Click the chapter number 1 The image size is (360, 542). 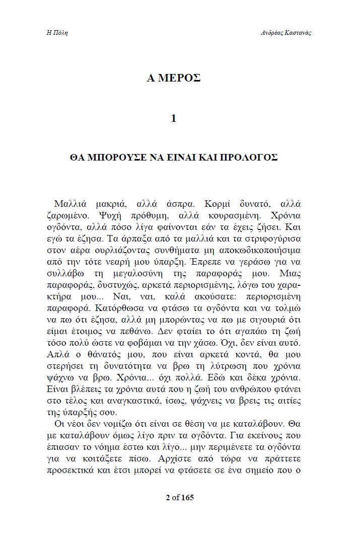coord(174,119)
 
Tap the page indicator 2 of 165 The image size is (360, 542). coord(180,498)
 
